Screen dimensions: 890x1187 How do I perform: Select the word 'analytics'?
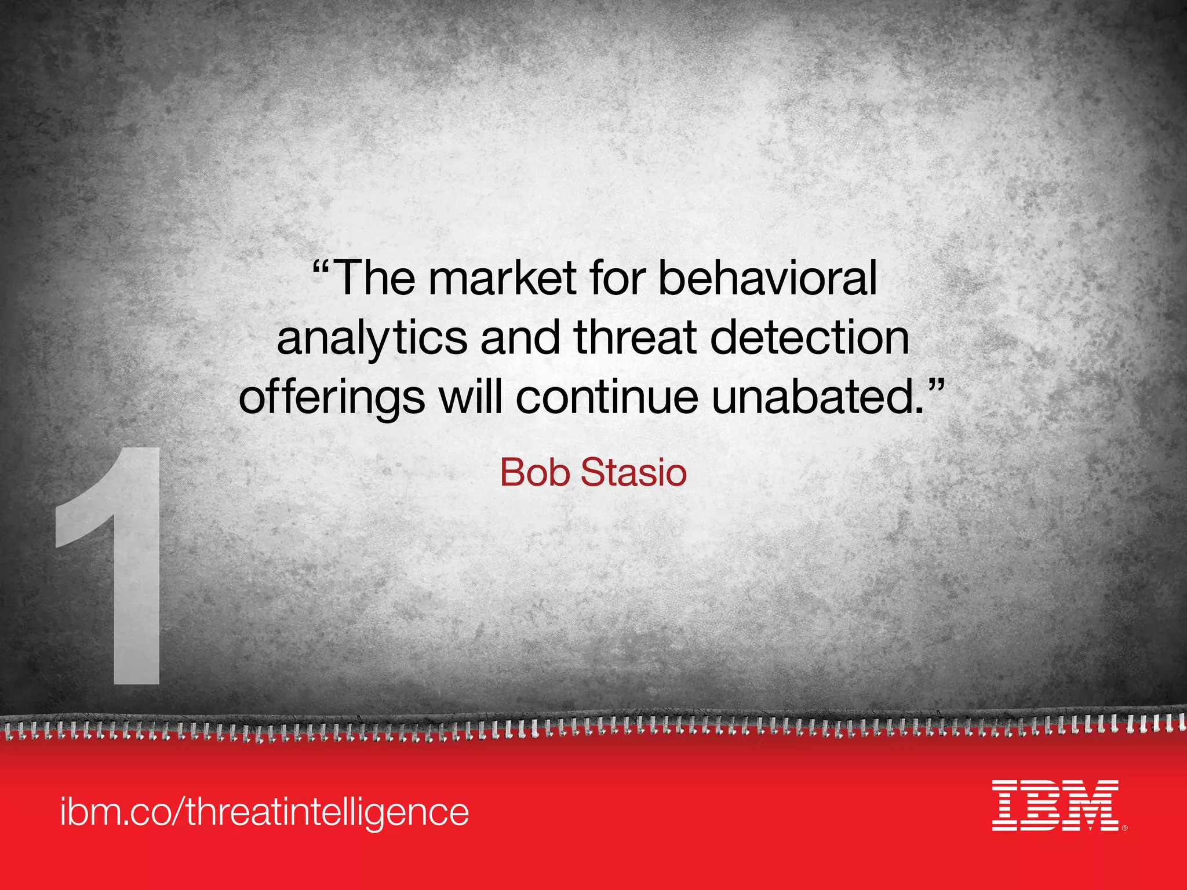(x=372, y=340)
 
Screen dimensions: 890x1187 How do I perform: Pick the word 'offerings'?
(x=332, y=399)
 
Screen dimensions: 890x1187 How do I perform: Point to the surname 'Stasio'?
(x=633, y=472)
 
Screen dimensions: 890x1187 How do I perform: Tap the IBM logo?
(x=1055, y=805)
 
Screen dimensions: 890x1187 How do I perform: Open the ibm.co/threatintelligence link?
(x=264, y=812)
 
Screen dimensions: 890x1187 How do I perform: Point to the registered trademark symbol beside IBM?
(x=1124, y=828)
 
